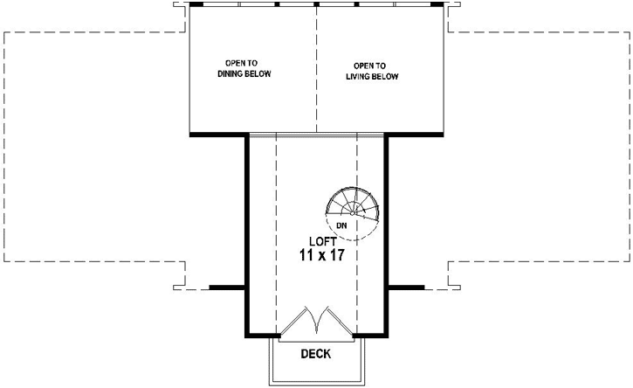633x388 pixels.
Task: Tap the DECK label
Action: coord(315,354)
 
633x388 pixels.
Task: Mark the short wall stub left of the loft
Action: coord(224,287)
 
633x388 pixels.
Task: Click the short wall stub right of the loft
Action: coord(406,287)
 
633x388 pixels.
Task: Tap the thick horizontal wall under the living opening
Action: coord(416,135)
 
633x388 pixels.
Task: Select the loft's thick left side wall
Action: coord(245,236)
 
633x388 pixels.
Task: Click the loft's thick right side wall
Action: coord(386,236)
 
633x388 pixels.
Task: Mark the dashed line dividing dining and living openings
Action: coord(316,70)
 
